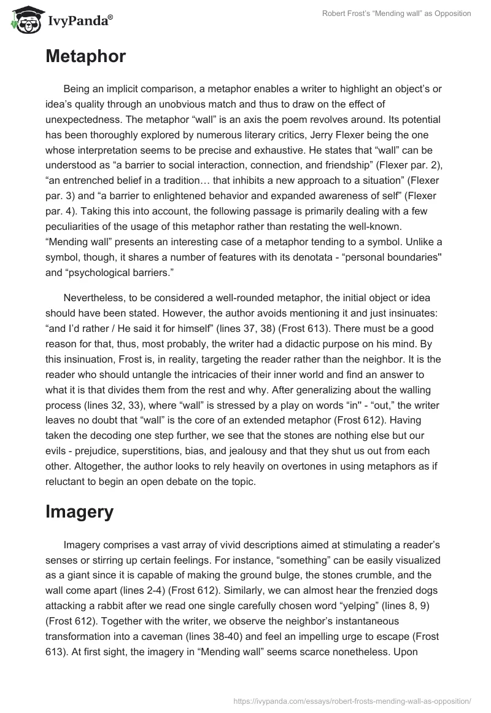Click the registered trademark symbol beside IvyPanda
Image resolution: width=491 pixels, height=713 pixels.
[110, 17]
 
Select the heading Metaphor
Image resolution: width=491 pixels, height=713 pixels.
[85, 57]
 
